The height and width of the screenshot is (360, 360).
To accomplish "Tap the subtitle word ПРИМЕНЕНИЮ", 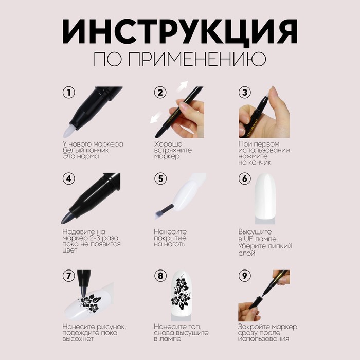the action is click(x=197, y=59).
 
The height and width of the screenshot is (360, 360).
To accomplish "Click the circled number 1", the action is click(x=69, y=92).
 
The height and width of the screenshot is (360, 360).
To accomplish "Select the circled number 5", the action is click(x=160, y=178).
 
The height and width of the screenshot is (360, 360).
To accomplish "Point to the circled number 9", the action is click(x=245, y=276).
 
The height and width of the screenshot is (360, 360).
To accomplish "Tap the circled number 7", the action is click(x=69, y=276).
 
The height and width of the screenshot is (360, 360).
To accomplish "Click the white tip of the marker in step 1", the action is click(x=69, y=131).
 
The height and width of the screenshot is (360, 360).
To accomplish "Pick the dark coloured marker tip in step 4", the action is click(x=67, y=218).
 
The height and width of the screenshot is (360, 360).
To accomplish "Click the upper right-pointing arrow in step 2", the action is click(x=183, y=86).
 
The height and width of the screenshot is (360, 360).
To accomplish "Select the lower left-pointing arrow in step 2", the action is click(x=156, y=117).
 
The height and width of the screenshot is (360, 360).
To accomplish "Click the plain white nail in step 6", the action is click(x=265, y=197).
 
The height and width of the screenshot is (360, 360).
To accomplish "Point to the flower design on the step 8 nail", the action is click(x=181, y=292).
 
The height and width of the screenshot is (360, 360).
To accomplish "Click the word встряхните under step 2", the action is click(x=173, y=150).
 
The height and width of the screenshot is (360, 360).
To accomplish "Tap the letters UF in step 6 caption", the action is click(x=248, y=239).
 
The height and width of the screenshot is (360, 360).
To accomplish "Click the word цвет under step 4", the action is click(x=70, y=250).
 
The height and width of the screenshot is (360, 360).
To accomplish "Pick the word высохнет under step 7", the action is click(x=78, y=339).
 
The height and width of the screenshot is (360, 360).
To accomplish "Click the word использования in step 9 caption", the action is click(x=263, y=339).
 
